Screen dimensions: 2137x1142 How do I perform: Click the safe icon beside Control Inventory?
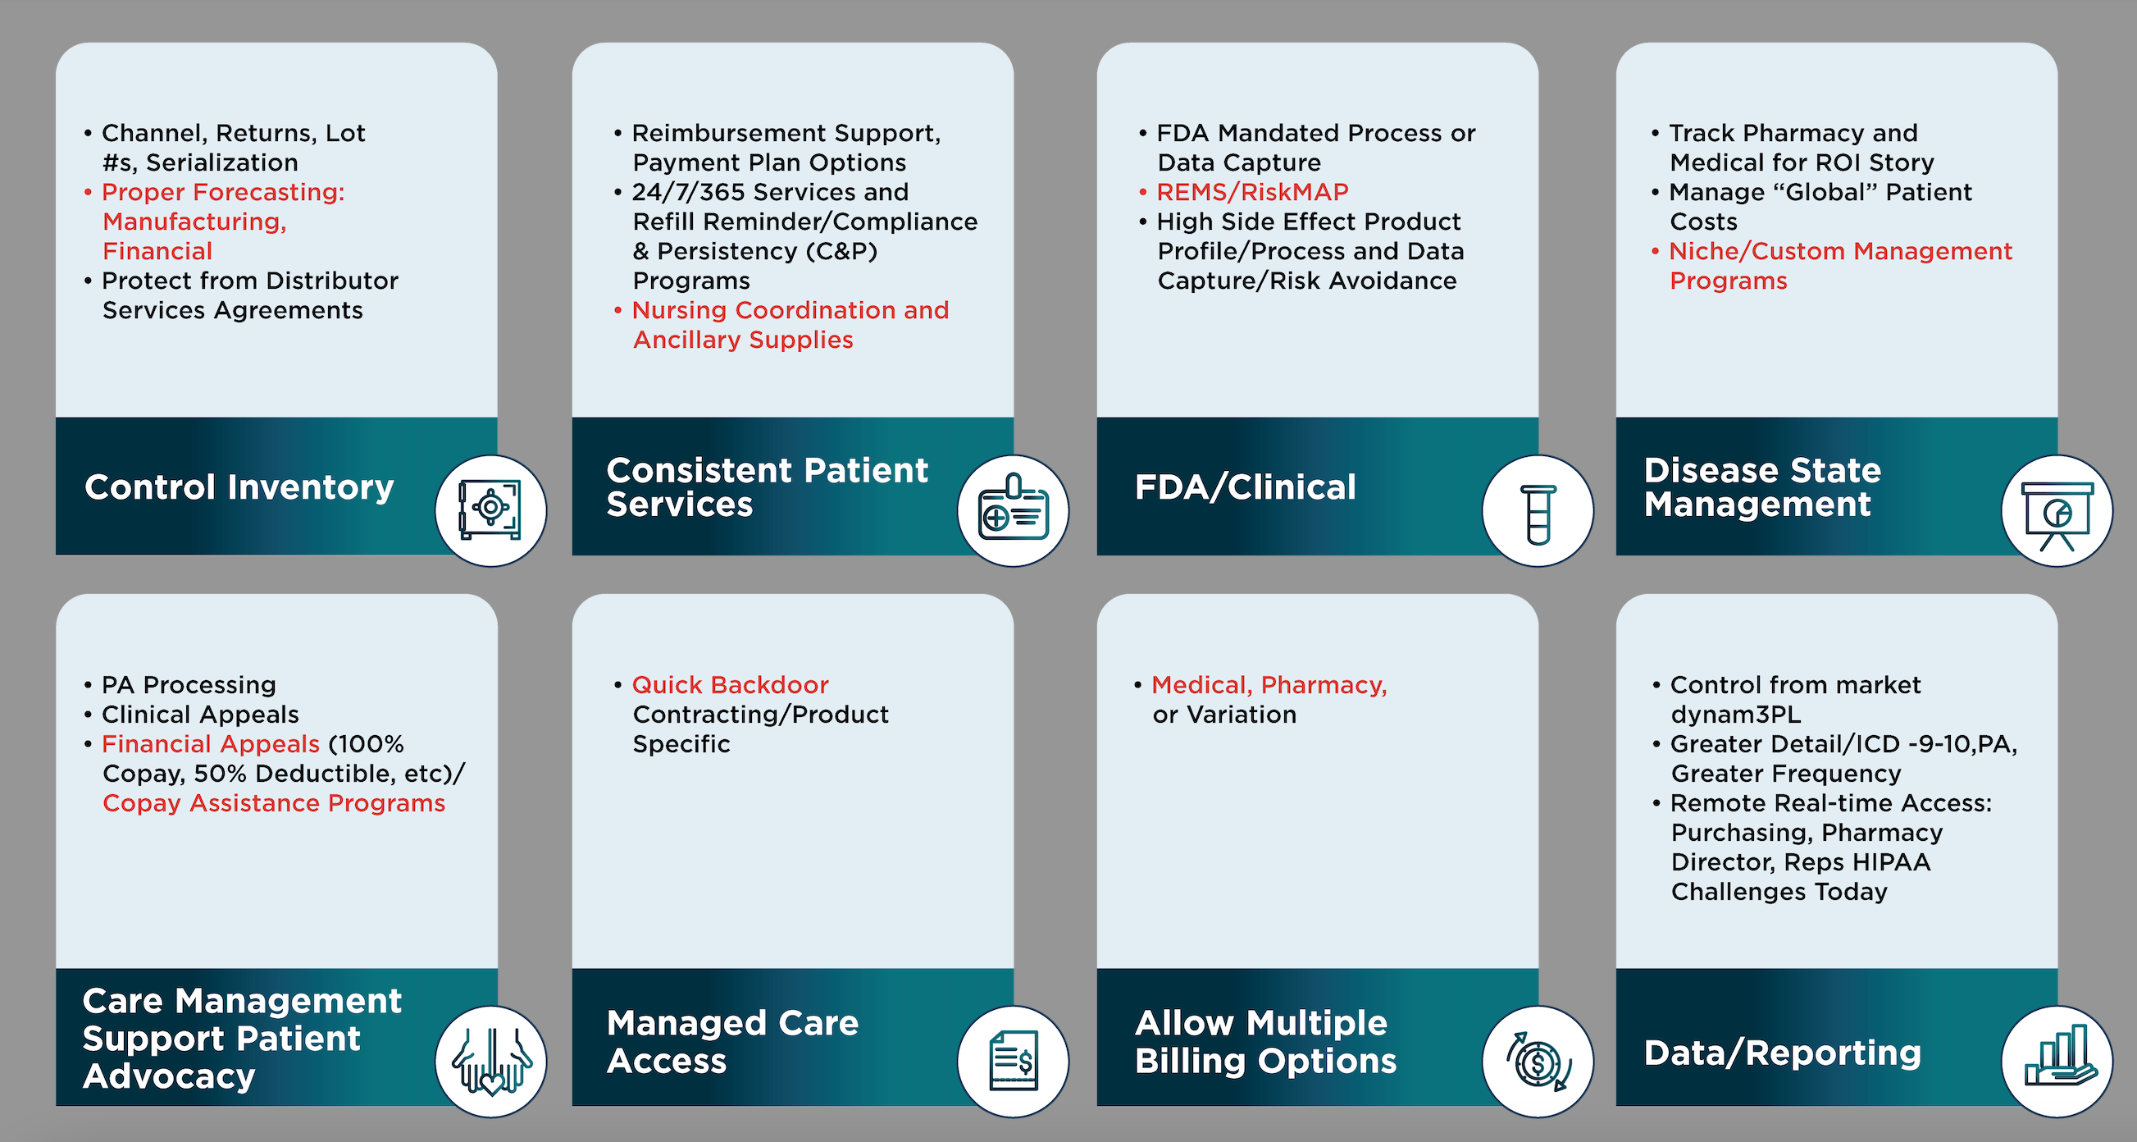click(x=490, y=509)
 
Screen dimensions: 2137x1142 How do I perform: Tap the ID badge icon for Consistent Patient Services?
click(x=1013, y=509)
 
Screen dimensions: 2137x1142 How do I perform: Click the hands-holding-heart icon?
click(x=490, y=1062)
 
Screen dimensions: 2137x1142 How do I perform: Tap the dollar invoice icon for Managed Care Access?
click(x=1013, y=1061)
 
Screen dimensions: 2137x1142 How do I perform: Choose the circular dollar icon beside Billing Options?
click(x=1538, y=1062)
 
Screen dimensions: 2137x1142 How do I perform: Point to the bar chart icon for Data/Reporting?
click(x=2057, y=1062)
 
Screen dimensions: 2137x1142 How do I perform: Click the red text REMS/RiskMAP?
click(x=1252, y=193)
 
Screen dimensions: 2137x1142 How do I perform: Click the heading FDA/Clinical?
click(x=1244, y=487)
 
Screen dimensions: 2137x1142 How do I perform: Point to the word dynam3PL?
click(x=1735, y=715)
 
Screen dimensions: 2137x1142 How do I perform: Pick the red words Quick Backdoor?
click(x=730, y=685)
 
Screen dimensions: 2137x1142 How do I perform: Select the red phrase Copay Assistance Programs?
click(x=274, y=803)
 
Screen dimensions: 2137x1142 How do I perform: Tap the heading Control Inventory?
click(x=239, y=487)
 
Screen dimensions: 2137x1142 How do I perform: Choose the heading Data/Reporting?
click(x=1782, y=1053)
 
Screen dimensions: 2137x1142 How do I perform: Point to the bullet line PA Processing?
click(x=189, y=685)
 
